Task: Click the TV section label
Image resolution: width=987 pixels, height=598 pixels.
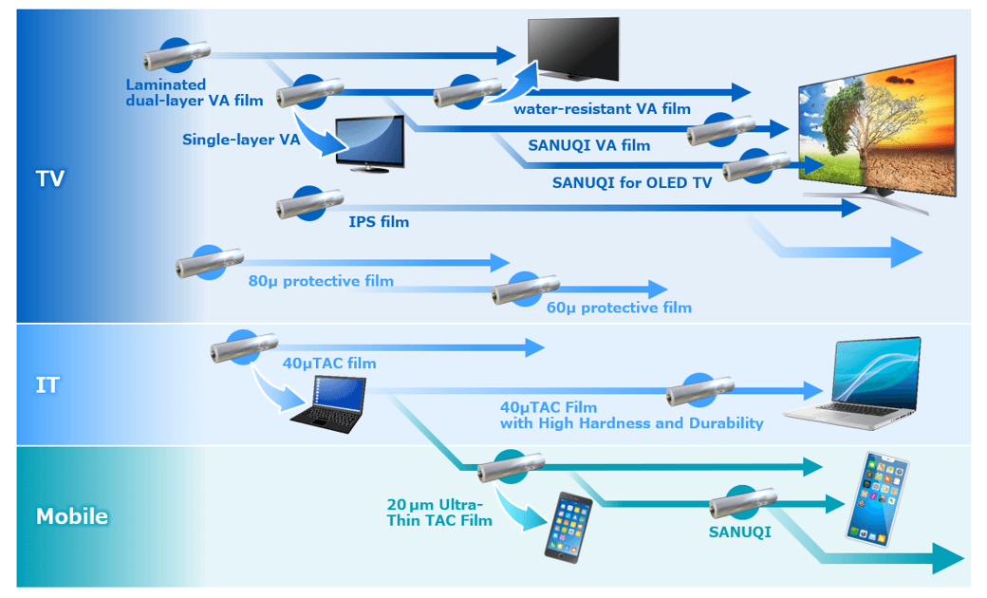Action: pyautogui.click(x=49, y=178)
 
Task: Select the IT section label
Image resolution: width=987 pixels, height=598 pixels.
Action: pyautogui.click(x=47, y=385)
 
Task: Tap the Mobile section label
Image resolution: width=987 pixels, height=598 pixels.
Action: pyautogui.click(x=72, y=517)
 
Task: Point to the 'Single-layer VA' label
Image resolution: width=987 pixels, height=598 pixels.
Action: pyautogui.click(x=241, y=140)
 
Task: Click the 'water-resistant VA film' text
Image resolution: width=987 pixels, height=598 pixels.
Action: pyautogui.click(x=602, y=109)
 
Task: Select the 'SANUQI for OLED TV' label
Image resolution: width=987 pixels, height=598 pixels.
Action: pyautogui.click(x=631, y=182)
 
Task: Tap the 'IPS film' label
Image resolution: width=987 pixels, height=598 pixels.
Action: pyautogui.click(x=379, y=222)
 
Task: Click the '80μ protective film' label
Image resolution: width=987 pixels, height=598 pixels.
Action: pyautogui.click(x=321, y=281)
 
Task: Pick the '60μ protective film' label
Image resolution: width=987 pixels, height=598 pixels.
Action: pyautogui.click(x=619, y=308)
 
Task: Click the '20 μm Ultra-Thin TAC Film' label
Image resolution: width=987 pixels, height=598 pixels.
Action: pyautogui.click(x=439, y=513)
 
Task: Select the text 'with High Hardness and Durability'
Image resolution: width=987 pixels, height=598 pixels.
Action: pyautogui.click(x=631, y=423)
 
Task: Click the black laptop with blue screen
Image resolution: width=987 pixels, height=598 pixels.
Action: pyautogui.click(x=327, y=404)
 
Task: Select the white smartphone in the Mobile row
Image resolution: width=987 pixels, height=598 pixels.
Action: pyautogui.click(x=876, y=498)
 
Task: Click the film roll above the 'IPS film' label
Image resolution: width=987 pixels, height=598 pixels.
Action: pyautogui.click(x=309, y=202)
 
